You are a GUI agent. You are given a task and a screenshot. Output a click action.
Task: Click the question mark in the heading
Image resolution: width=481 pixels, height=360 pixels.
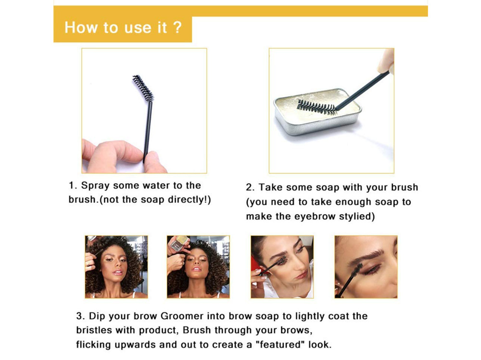pos(177,27)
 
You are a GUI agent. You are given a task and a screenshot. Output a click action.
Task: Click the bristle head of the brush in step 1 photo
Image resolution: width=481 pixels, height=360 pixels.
pos(143,88)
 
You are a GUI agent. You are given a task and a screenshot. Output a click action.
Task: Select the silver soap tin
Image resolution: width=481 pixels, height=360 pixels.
pos(317,112)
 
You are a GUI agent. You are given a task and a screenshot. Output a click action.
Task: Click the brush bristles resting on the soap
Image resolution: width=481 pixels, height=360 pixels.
pos(317,107)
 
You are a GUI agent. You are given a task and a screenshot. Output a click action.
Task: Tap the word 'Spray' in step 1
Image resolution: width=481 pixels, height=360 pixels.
pos(95,186)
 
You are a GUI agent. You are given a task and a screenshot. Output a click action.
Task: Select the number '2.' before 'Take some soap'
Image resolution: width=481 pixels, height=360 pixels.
pos(250,187)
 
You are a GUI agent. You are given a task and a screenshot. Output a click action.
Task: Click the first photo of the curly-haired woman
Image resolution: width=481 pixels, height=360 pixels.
pos(116,267)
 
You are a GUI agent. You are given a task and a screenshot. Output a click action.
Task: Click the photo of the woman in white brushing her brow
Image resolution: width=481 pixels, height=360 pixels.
pos(282,267)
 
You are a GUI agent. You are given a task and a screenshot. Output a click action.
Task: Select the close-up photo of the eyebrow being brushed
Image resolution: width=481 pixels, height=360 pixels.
pos(366,267)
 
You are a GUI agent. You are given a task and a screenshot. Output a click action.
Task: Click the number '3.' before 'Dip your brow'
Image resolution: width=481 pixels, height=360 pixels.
pos(81,316)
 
